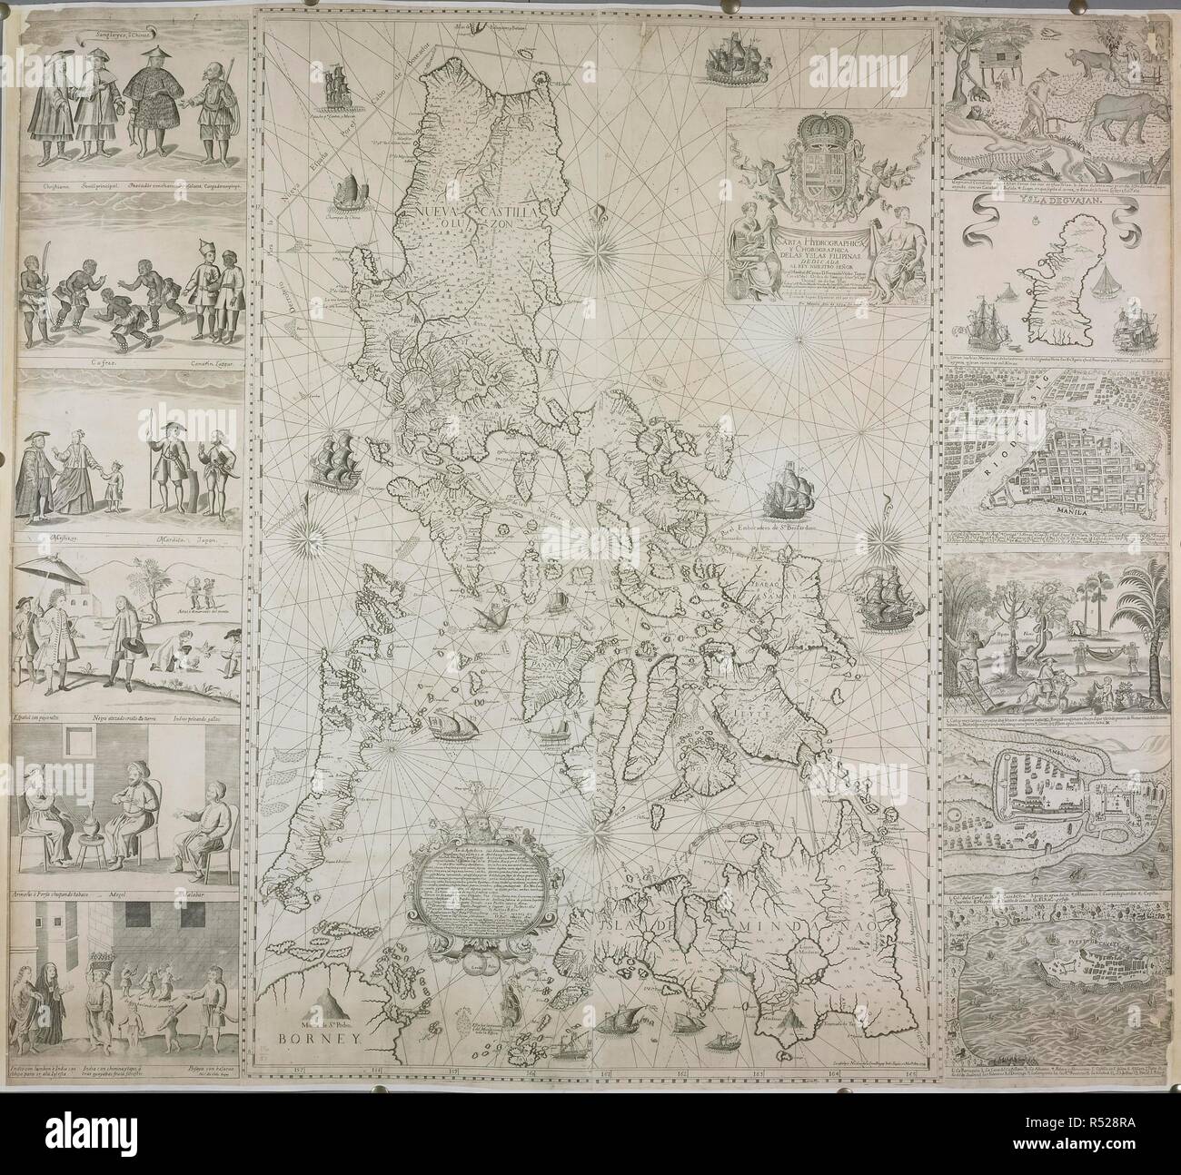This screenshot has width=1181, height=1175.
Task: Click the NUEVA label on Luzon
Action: coord(442,214)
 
